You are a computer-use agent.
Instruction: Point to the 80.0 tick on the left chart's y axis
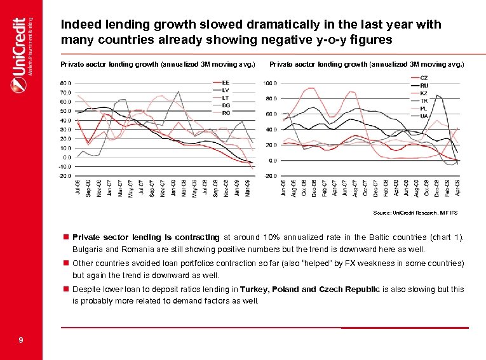coord(65,83)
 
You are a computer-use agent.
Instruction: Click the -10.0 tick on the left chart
coord(65,166)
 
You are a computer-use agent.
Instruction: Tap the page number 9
coord(21,341)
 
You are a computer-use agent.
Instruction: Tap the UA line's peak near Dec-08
coord(438,95)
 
